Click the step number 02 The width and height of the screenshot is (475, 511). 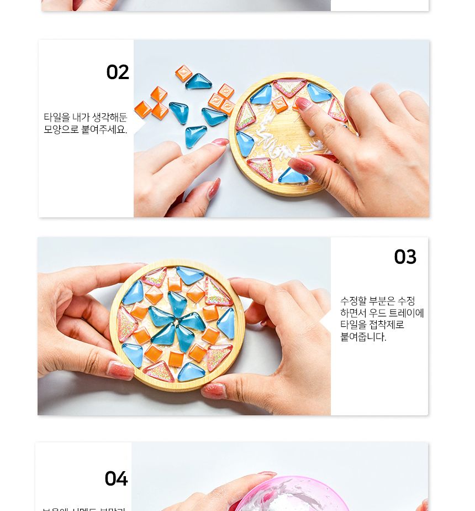(x=118, y=72)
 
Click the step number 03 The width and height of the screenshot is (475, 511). (x=405, y=257)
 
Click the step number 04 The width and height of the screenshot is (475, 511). (x=116, y=479)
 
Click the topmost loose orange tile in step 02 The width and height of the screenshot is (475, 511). (x=183, y=73)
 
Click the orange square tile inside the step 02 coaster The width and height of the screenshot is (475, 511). (x=279, y=105)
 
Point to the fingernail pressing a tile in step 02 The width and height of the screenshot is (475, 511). (x=303, y=103)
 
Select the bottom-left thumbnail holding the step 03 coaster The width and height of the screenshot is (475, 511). (x=120, y=370)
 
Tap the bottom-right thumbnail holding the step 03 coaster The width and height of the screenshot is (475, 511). (x=214, y=390)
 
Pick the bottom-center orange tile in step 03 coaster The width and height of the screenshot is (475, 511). (x=176, y=358)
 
